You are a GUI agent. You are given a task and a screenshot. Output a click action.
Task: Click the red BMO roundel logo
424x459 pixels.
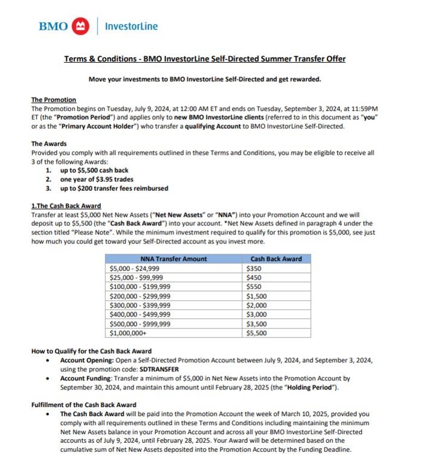point(80,26)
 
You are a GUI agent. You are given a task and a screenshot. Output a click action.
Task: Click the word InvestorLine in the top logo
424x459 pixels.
point(131,26)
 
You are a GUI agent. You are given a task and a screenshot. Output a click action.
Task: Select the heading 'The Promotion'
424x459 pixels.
point(54,100)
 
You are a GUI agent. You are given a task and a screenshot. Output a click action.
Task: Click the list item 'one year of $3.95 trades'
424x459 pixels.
point(97,179)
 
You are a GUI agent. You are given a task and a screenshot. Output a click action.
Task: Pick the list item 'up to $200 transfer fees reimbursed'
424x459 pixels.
point(114,188)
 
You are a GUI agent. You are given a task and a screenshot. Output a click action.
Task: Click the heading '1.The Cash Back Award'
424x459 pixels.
point(66,206)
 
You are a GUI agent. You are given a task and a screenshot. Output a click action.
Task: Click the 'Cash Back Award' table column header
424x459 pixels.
point(276,258)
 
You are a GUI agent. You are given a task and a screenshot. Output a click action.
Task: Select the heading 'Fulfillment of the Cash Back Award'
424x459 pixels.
point(83,404)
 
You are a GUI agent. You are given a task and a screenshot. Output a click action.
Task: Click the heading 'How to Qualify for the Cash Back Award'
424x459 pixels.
point(91,351)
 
